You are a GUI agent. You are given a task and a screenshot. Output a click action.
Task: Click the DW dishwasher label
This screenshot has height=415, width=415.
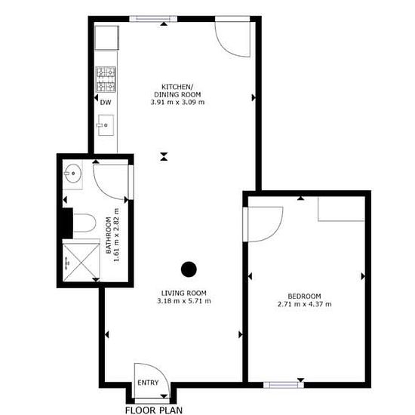(x=106, y=103)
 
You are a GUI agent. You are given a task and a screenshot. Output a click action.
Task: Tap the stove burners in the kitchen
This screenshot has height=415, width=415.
(x=106, y=79)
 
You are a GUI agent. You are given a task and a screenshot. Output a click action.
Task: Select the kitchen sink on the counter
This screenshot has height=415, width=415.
(x=106, y=125)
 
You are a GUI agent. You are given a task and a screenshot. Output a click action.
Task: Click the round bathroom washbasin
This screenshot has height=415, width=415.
(x=73, y=174)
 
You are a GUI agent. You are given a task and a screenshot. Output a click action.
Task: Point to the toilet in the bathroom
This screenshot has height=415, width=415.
(x=85, y=223)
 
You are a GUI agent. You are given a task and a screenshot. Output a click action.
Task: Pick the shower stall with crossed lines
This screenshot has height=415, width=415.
(x=81, y=262)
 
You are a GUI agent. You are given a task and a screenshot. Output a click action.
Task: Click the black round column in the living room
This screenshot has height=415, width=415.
(x=189, y=269)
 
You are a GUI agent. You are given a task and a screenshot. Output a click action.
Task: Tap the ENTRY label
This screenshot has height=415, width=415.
(x=148, y=383)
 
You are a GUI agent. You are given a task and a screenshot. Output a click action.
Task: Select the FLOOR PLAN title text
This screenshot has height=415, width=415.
(x=154, y=410)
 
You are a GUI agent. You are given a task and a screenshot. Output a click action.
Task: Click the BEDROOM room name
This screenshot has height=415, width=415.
(x=304, y=297)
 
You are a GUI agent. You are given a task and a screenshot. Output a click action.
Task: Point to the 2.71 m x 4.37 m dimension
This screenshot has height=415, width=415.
(x=304, y=304)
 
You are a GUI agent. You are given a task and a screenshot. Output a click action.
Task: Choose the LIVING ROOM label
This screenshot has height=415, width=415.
(x=184, y=294)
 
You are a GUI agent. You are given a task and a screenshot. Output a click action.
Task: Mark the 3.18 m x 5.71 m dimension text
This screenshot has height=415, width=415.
(x=184, y=301)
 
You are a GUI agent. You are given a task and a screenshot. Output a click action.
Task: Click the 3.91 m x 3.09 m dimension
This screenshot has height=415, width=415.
(x=177, y=102)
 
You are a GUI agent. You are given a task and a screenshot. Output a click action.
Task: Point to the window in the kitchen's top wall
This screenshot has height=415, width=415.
(x=153, y=19)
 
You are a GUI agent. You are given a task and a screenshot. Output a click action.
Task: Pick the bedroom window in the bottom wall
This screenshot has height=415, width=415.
(x=284, y=385)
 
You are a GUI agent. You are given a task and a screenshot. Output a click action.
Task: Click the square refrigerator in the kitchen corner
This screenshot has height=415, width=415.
(x=106, y=38)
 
